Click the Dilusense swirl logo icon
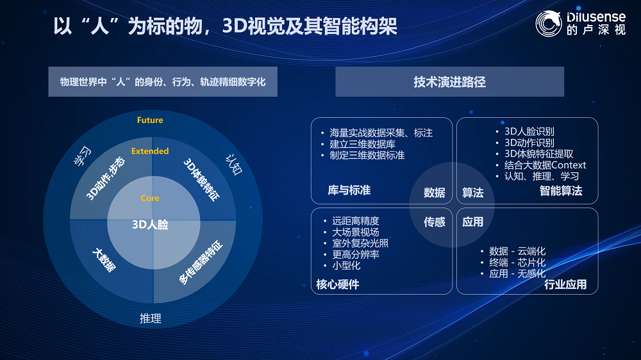[549, 24]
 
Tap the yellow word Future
[150, 120]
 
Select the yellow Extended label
[150, 151]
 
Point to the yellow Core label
[150, 198]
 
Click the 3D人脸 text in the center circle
[150, 225]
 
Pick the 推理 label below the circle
[151, 318]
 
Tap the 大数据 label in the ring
[104, 260]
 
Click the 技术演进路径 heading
[450, 82]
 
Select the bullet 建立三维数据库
[362, 144]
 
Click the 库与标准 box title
[349, 190]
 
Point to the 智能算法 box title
[561, 191]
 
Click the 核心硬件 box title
[338, 284]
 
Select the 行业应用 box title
[565, 284]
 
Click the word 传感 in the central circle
[434, 222]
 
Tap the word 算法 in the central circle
[472, 192]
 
